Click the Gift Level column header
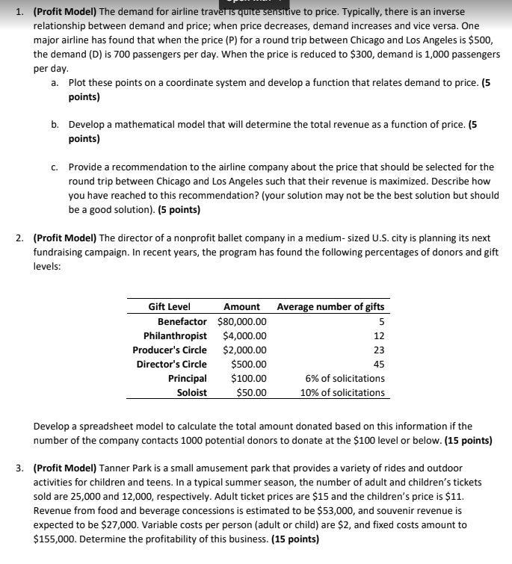[x=169, y=306]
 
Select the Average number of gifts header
[x=330, y=306]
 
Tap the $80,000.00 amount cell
[x=241, y=321]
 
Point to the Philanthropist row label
[x=175, y=335]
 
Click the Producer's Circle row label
[x=170, y=350]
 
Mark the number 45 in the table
[x=378, y=364]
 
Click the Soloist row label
[x=191, y=392]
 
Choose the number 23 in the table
[x=378, y=350]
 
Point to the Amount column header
[x=241, y=306]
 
